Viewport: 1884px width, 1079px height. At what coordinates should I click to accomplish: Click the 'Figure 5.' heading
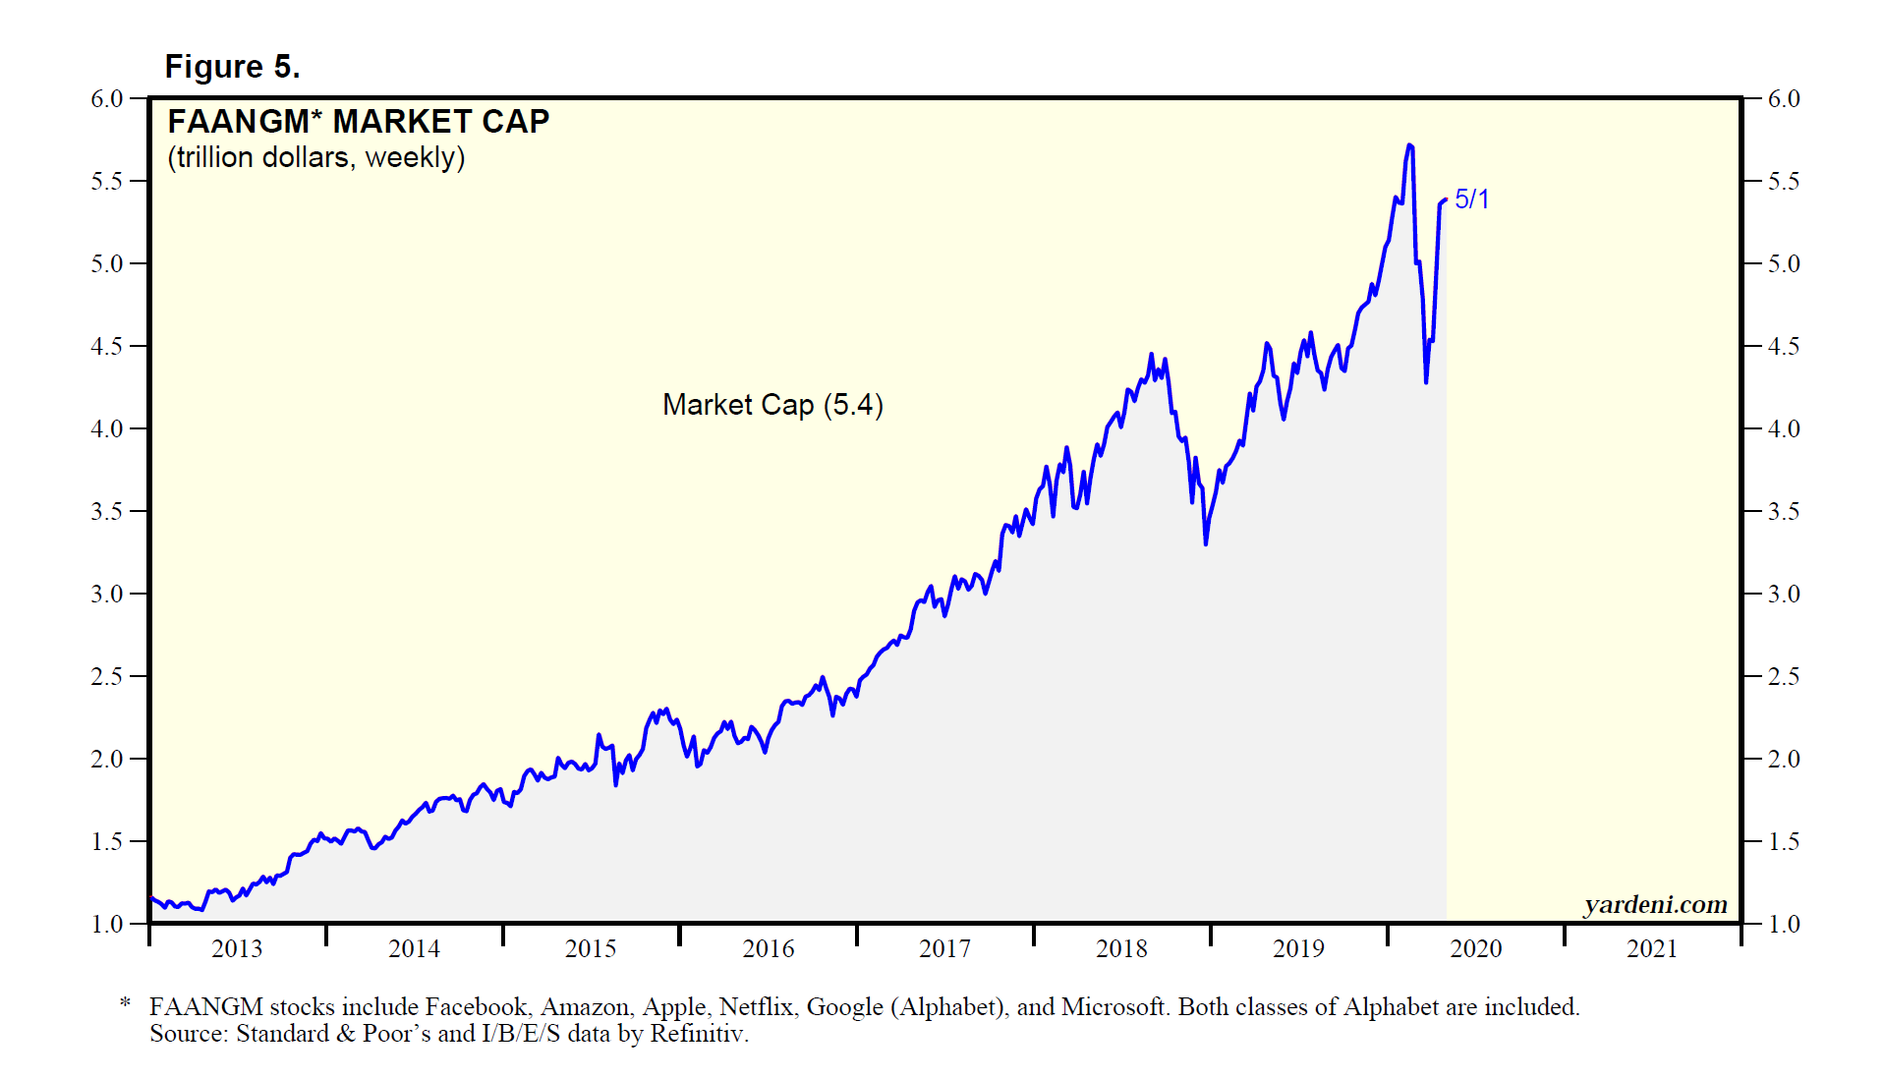coord(232,67)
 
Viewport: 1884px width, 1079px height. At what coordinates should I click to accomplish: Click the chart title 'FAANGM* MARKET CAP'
coord(358,122)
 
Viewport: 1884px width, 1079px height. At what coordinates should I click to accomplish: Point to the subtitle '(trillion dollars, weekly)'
coord(315,157)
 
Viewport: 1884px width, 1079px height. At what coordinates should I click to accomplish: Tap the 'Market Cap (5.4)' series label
coord(772,405)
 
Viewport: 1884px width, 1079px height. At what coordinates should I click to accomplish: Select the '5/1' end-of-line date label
coord(1471,199)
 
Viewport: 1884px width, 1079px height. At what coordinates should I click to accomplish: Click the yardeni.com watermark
coord(1655,904)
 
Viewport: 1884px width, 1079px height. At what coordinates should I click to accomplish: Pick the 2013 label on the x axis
coord(237,948)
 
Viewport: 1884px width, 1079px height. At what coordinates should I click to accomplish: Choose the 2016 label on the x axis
coord(768,948)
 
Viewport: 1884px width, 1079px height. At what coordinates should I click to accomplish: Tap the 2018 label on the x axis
coord(1121,948)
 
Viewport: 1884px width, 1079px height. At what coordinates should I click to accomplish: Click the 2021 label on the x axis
coord(1652,948)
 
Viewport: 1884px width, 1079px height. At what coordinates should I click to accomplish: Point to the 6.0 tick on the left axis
coord(106,99)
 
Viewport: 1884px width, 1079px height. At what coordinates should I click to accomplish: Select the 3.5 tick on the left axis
coord(106,512)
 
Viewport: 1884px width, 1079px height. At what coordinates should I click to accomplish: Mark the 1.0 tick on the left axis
coord(106,925)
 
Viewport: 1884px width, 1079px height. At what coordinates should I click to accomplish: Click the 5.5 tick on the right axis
coord(1784,182)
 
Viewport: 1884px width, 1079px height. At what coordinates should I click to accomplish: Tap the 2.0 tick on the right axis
coord(1784,760)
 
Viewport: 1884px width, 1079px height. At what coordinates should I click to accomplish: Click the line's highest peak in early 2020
coord(1410,145)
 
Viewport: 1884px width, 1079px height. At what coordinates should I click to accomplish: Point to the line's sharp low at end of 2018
coord(1206,542)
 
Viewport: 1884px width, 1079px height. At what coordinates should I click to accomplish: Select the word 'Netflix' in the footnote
coord(756,1007)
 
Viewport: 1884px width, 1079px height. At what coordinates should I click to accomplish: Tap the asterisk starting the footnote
coord(125,1004)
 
